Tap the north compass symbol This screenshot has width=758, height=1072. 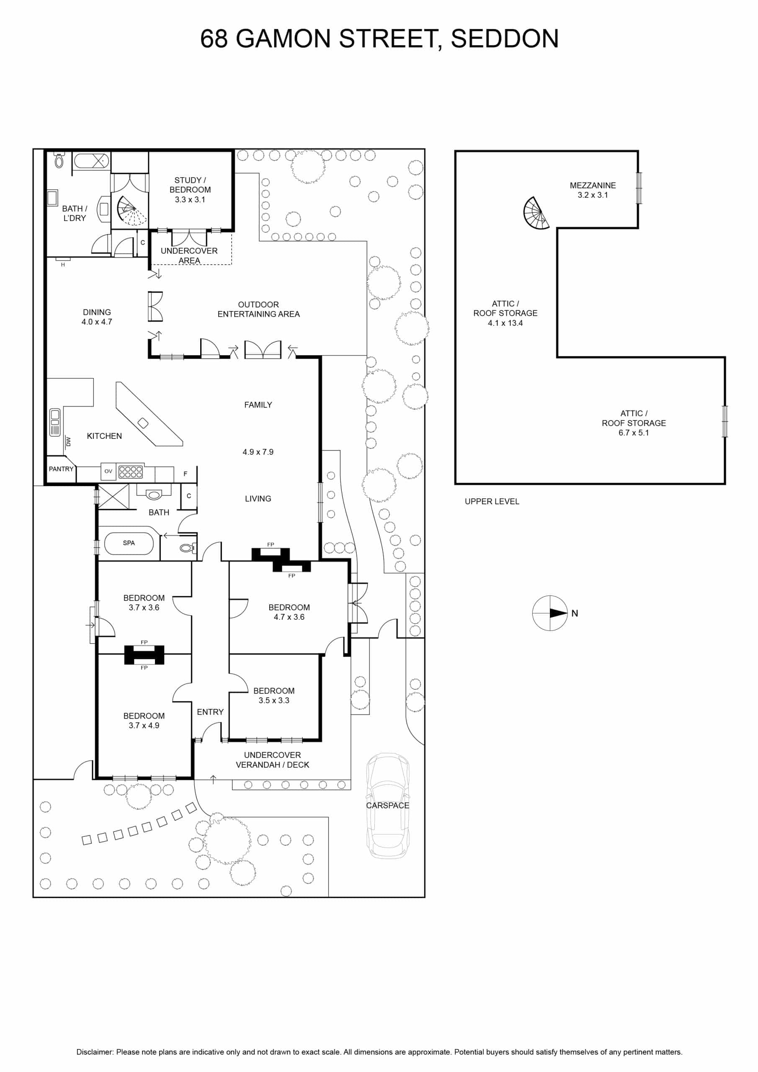(550, 613)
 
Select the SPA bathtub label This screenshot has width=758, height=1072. (129, 543)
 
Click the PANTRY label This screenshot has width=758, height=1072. (61, 469)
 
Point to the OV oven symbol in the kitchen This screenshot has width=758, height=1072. (108, 471)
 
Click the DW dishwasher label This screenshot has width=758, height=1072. (69, 441)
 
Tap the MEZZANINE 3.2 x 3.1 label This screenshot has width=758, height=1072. (593, 190)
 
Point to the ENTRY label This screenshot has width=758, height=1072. (210, 712)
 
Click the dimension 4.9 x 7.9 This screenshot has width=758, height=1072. (258, 452)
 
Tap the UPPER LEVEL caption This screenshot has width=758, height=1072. (492, 501)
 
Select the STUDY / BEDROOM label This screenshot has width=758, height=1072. (190, 185)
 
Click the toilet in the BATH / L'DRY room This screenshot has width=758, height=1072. (59, 160)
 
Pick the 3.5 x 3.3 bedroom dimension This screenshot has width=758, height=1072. (274, 700)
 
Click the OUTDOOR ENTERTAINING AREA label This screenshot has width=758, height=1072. (259, 309)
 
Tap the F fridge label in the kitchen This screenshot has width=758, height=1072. (186, 474)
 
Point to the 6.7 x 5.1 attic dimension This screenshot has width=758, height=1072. (634, 433)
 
